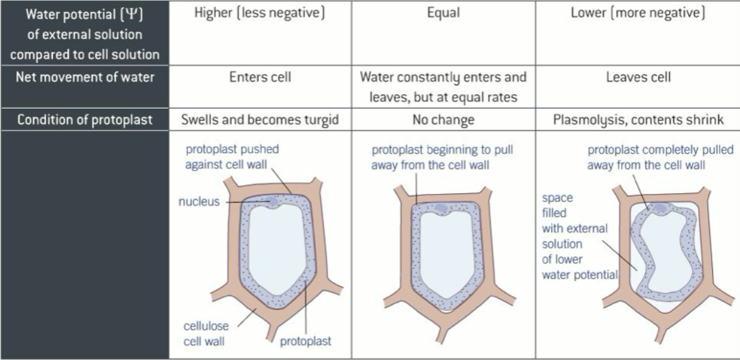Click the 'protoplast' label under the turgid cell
pos(307,342)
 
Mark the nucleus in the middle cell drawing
pos(437,208)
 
